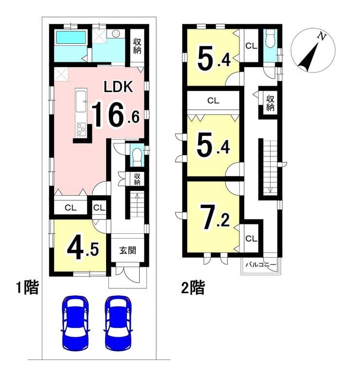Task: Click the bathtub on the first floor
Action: click(71, 38)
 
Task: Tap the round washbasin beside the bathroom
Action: click(116, 33)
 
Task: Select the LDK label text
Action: click(118, 87)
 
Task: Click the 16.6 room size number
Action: click(115, 114)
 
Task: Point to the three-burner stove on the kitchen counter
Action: click(81, 130)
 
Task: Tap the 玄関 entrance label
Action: click(127, 250)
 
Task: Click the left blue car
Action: click(75, 322)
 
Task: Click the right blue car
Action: click(118, 322)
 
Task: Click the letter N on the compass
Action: click(322, 37)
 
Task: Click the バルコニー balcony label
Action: click(261, 265)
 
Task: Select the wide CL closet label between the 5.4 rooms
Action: click(213, 100)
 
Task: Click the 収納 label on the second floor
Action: click(270, 103)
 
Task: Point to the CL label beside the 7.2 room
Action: click(251, 239)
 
